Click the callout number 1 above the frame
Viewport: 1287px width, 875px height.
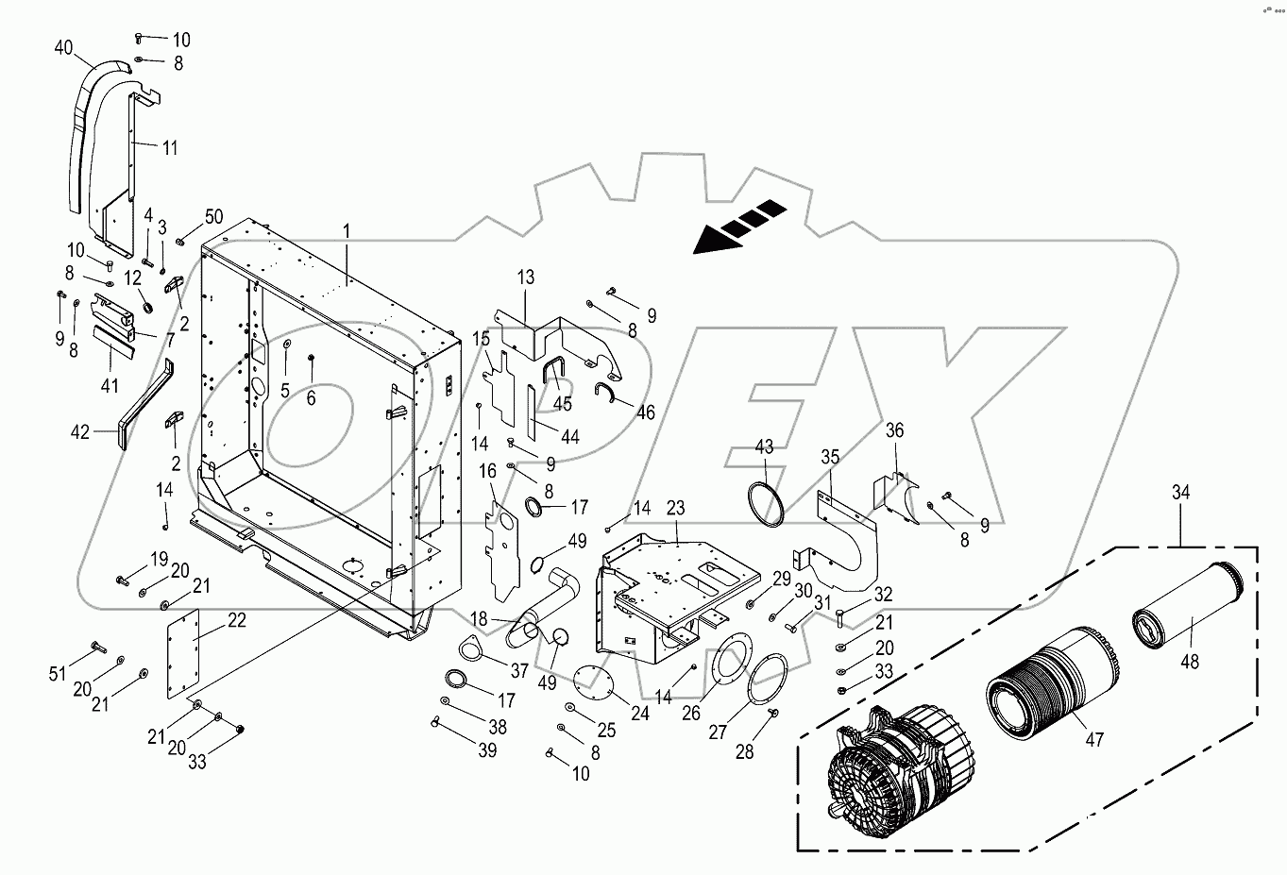point(346,230)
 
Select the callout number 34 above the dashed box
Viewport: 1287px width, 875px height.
point(1181,493)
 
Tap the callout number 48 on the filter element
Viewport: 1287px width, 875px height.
point(1190,662)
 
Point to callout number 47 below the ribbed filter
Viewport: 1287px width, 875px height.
point(1093,740)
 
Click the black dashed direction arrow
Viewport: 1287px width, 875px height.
point(740,227)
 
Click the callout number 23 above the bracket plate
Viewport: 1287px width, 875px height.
point(675,508)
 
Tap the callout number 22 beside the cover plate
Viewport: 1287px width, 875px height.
point(236,621)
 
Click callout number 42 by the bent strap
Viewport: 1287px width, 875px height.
point(80,431)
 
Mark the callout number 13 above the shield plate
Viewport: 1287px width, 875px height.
point(525,277)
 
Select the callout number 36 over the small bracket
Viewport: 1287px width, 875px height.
point(894,430)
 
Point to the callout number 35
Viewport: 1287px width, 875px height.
point(829,457)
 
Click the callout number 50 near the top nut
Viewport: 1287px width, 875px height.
point(214,218)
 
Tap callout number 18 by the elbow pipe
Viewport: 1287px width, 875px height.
point(479,618)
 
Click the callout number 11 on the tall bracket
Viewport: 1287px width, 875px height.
point(169,147)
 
